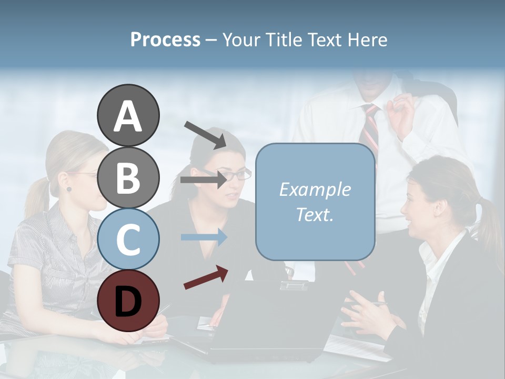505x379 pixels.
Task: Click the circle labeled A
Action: pos(128,115)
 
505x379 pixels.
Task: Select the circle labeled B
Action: pos(128,177)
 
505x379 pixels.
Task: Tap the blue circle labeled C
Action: pos(128,239)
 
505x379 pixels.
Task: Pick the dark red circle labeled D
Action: pos(128,301)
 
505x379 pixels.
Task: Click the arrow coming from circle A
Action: pos(205,135)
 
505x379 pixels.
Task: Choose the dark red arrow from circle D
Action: pos(206,277)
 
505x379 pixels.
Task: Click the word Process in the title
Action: pos(165,39)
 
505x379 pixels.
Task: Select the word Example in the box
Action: pos(315,189)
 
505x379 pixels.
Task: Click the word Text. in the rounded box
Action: pos(315,214)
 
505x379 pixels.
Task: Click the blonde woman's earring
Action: pos(68,189)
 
